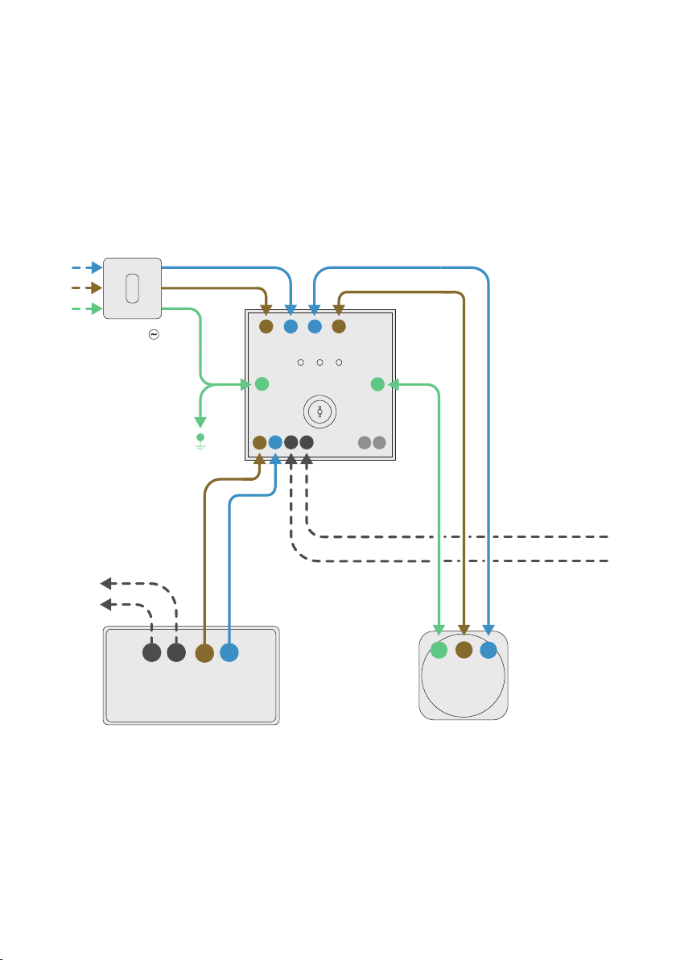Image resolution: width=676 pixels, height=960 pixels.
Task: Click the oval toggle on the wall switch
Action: [x=133, y=288]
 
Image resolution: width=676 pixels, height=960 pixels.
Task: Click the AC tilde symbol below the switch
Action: [x=152, y=333]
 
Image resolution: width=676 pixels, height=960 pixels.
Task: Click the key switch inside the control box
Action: [x=319, y=413]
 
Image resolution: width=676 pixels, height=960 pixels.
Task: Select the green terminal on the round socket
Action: [x=439, y=651]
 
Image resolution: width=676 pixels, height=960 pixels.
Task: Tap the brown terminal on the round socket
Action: [x=464, y=650]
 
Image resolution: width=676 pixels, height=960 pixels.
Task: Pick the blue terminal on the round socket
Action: [x=488, y=650]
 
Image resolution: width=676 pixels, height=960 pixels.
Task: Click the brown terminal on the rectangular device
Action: [x=204, y=653]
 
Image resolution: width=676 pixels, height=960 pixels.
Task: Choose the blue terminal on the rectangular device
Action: [x=229, y=653]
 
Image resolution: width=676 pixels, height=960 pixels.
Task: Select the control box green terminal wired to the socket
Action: [x=377, y=384]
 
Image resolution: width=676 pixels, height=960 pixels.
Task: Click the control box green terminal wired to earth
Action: [x=261, y=384]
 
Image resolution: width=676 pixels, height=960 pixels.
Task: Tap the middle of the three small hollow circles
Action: [x=319, y=362]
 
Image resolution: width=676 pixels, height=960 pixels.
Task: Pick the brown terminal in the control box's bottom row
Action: [x=259, y=442]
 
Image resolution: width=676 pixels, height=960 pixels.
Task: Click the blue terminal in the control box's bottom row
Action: [x=275, y=442]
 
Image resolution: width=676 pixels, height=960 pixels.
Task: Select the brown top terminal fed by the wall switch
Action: [x=266, y=326]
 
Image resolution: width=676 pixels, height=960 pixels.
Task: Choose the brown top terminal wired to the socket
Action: [x=339, y=326]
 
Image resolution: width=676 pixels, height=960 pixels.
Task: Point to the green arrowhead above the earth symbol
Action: [x=200, y=422]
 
